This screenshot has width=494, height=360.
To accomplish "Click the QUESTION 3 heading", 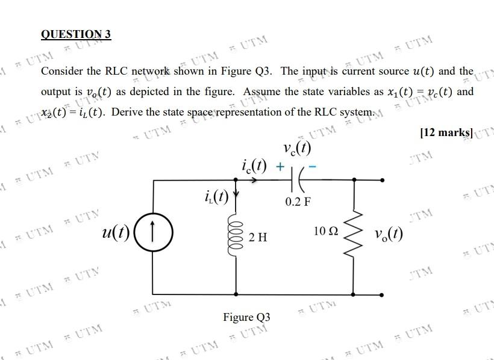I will tap(76, 34).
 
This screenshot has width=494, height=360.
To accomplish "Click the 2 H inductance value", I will tap(257, 238).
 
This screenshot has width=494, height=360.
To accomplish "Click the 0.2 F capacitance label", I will tap(298, 201).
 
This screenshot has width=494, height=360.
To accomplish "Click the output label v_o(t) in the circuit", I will tap(389, 234).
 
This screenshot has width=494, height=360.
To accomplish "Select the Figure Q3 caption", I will tap(246, 317).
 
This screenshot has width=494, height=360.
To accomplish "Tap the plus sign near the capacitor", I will tap(279, 164).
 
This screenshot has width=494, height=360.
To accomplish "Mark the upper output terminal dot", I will tap(381, 179).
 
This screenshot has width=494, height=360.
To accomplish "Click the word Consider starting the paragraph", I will tap(61, 72).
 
